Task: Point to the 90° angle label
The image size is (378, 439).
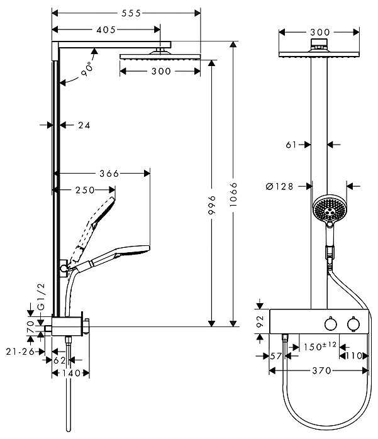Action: (x=86, y=70)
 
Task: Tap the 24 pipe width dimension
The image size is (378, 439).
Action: (x=84, y=125)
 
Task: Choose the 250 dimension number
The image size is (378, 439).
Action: (x=84, y=190)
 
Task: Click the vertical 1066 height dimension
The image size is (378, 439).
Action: (x=234, y=189)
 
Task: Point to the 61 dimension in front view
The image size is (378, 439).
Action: (x=291, y=145)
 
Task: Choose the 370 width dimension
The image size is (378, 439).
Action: (x=321, y=371)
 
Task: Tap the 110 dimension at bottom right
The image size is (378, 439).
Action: (x=355, y=355)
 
